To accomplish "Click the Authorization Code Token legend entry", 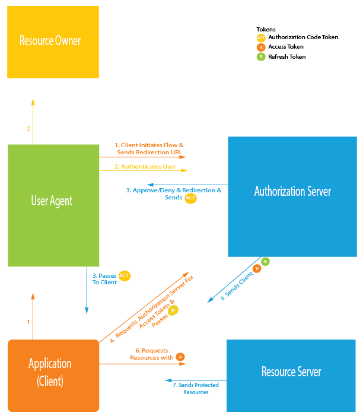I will point(302,37).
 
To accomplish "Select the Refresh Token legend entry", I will point(287,57).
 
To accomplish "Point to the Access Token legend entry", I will point(286,47).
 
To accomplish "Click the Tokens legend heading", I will point(266,29).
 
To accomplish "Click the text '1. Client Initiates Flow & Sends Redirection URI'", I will point(149,148).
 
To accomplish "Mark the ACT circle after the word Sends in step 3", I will point(190,198).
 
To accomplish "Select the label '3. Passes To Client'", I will point(105,279).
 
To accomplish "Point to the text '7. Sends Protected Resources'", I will point(196,389).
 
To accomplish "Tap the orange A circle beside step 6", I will point(180,357).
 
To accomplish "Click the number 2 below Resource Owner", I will point(28,128).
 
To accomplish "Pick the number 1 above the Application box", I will point(28,322).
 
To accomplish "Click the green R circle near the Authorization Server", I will point(266,261).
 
